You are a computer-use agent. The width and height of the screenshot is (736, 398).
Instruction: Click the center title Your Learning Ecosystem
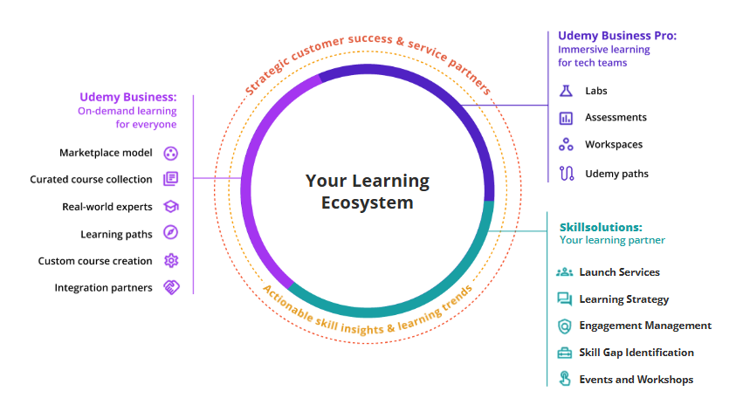pyautogui.click(x=367, y=192)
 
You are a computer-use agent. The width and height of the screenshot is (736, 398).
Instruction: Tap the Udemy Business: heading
pyautogui.click(x=127, y=97)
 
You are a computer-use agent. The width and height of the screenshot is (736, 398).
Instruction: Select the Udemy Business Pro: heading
pyautogui.click(x=617, y=36)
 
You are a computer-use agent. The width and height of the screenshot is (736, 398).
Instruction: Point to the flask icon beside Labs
pyautogui.click(x=566, y=91)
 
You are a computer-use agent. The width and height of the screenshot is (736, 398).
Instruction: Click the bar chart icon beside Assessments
pyautogui.click(x=566, y=118)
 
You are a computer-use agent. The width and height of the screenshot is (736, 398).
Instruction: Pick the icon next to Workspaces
pyautogui.click(x=566, y=145)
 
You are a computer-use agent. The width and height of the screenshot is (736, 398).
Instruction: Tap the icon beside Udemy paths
pyautogui.click(x=566, y=173)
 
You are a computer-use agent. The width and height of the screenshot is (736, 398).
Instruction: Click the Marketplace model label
pyautogui.click(x=106, y=153)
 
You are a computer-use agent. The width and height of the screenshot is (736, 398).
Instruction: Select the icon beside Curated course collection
pyautogui.click(x=171, y=179)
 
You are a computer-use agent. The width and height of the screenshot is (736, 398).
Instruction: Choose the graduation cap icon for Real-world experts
pyautogui.click(x=171, y=207)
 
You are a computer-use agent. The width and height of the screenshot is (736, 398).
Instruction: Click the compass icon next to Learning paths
pyautogui.click(x=171, y=233)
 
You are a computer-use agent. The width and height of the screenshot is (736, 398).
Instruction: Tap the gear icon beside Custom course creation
pyautogui.click(x=171, y=260)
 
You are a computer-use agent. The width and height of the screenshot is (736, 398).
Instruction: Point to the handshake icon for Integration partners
pyautogui.click(x=171, y=287)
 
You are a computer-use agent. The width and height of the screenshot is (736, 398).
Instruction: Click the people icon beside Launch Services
pyautogui.click(x=564, y=272)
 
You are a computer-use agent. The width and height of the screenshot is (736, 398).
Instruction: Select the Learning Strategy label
pyautogui.click(x=623, y=299)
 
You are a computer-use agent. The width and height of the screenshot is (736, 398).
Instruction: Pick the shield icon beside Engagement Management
pyautogui.click(x=564, y=326)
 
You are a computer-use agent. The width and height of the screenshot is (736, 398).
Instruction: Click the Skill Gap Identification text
pyautogui.click(x=636, y=353)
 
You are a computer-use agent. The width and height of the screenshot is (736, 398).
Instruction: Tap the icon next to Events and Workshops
pyautogui.click(x=564, y=379)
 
